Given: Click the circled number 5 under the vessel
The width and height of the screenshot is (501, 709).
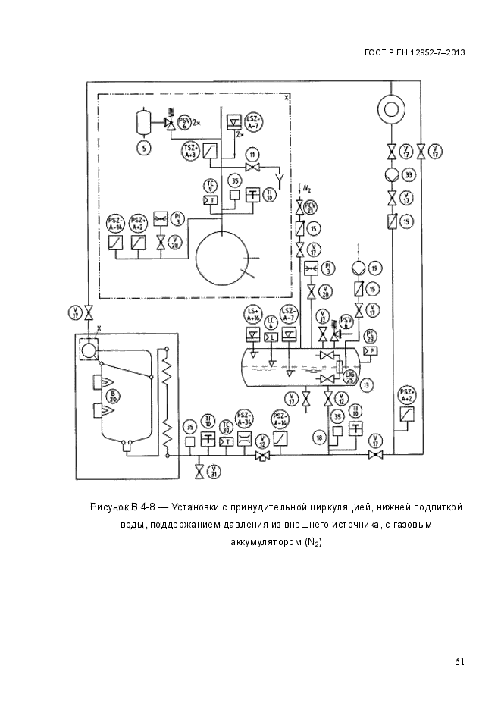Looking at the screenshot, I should tap(141, 149).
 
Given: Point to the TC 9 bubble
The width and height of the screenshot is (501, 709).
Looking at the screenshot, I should tap(211, 184).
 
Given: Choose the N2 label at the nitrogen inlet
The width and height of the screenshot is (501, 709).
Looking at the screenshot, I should tap(306, 187).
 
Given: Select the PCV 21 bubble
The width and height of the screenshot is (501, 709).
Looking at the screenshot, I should tap(309, 207).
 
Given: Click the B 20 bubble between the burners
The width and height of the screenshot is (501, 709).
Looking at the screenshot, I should tap(114, 395).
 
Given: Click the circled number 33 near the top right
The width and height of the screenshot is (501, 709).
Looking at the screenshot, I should tap(409, 175).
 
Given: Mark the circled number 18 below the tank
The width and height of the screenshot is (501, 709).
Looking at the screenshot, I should tap(321, 437).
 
